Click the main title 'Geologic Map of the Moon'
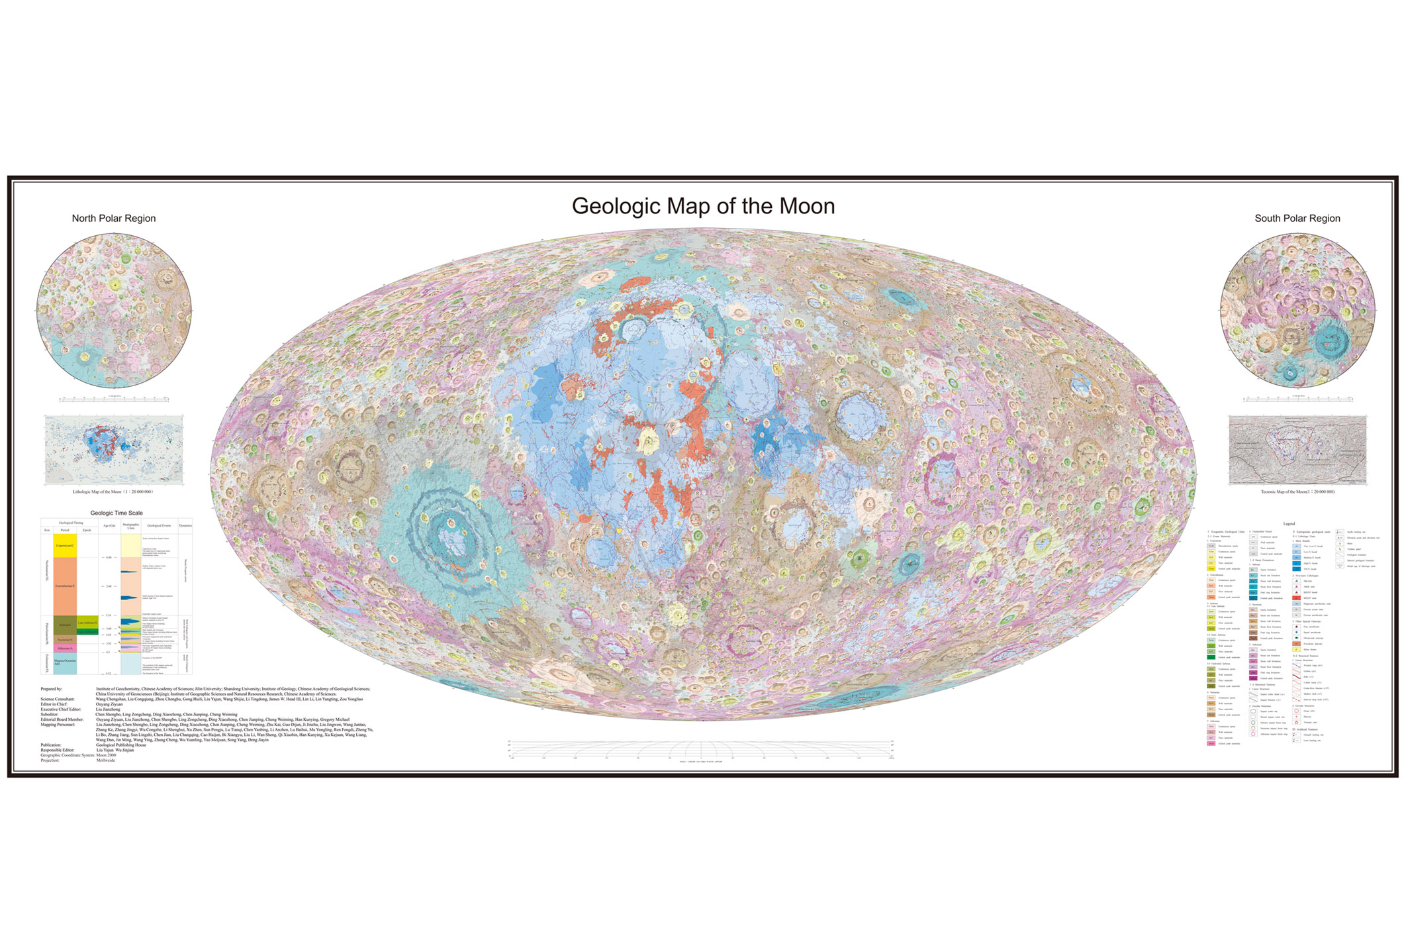coord(703,206)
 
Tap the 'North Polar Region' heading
coord(114,219)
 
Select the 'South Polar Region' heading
coord(1297,219)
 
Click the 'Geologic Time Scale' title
coord(117,513)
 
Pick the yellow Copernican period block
coord(66,545)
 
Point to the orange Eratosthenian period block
coord(66,586)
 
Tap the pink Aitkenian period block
coord(66,648)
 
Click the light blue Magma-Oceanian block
coord(66,662)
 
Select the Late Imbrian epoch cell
coord(87,623)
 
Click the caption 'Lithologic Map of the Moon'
coord(113,492)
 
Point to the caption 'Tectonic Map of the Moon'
coord(1297,492)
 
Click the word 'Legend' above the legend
coord(1288,524)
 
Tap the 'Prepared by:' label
coord(52,689)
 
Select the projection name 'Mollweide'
coord(106,760)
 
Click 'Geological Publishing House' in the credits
coord(121,745)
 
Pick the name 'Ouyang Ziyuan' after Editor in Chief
coord(109,704)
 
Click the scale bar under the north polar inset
coord(114,399)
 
